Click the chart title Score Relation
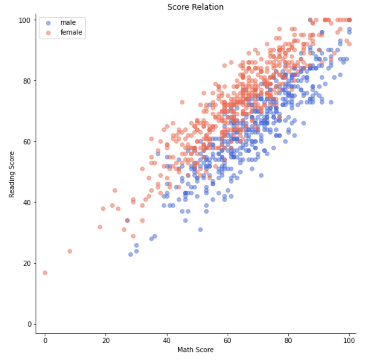click(x=195, y=7)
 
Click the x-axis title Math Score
click(x=195, y=350)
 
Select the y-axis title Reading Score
click(x=12, y=174)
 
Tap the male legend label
click(x=68, y=23)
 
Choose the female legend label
click(x=71, y=32)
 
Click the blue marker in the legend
click(x=48, y=23)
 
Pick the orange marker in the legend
click(x=48, y=33)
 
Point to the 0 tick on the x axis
click(x=45, y=340)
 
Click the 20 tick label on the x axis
click(x=106, y=340)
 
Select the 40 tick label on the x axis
click(x=167, y=340)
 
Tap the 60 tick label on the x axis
click(x=228, y=340)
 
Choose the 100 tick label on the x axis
click(x=349, y=340)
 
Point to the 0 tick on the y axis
click(x=30, y=324)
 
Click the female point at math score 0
click(x=45, y=272)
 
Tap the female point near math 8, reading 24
click(x=70, y=251)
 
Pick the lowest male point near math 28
click(x=131, y=254)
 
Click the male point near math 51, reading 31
click(x=200, y=230)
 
